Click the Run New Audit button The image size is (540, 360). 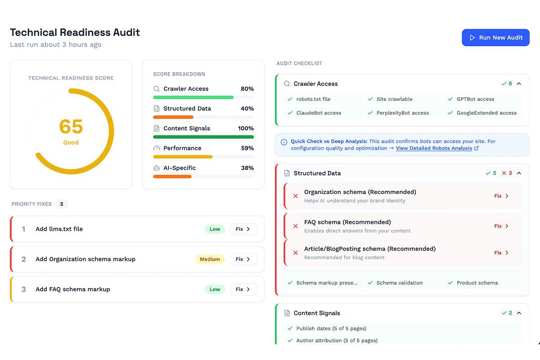click(x=495, y=38)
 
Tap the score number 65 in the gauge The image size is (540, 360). click(x=71, y=127)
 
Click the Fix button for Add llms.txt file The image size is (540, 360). click(x=243, y=229)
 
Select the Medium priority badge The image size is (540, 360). click(x=210, y=259)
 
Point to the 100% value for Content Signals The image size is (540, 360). click(x=246, y=128)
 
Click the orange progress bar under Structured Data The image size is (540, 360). click(x=173, y=117)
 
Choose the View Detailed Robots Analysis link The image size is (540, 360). click(x=434, y=148)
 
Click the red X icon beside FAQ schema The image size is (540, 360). click(x=296, y=226)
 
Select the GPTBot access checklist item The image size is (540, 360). click(x=475, y=99)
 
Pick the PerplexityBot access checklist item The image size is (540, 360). click(x=402, y=113)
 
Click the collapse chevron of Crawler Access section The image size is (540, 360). click(x=519, y=84)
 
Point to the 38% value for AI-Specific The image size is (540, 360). click(x=247, y=168)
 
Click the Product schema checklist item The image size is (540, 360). click(x=477, y=283)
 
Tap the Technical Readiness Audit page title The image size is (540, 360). click(x=75, y=32)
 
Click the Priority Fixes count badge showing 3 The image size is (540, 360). click(x=62, y=204)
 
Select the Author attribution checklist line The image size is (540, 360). click(x=337, y=341)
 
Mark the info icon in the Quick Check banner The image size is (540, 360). click(x=284, y=142)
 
